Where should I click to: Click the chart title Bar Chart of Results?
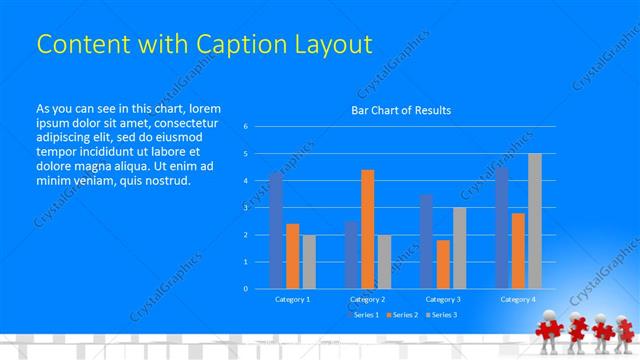click(x=400, y=110)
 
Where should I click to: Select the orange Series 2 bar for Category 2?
click(x=367, y=229)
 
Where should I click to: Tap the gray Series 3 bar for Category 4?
click(x=534, y=221)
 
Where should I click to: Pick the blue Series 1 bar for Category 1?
click(x=276, y=230)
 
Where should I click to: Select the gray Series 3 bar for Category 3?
click(x=459, y=248)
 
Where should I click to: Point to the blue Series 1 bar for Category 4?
click(x=501, y=227)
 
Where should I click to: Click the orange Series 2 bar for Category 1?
click(x=292, y=256)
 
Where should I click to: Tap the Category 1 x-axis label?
click(x=292, y=299)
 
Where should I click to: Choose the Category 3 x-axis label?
click(x=443, y=299)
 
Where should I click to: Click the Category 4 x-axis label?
click(x=518, y=299)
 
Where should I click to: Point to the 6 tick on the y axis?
click(x=246, y=127)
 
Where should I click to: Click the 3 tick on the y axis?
click(x=246, y=208)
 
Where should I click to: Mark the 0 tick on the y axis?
click(x=246, y=289)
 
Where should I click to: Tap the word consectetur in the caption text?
click(x=178, y=123)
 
